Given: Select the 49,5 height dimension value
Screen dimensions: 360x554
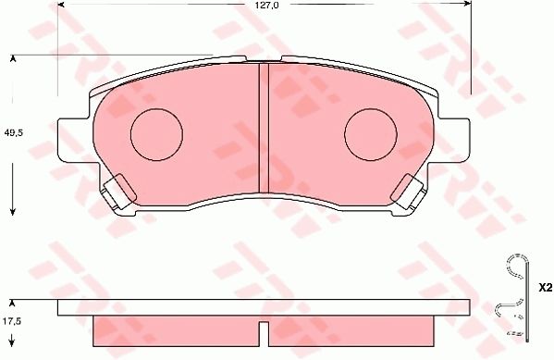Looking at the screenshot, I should pos(12,132).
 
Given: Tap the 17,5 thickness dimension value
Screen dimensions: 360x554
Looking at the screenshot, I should pos(12,322).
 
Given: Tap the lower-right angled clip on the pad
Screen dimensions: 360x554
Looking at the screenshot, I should pos(407,192).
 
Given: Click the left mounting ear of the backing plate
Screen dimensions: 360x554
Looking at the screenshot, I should pos(74,140).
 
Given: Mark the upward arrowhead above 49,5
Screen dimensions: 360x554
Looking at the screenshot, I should pos(13,59).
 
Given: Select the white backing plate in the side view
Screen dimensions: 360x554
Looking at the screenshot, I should pos(263,308).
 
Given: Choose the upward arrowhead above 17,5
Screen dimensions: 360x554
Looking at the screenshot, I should pos(13,303).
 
